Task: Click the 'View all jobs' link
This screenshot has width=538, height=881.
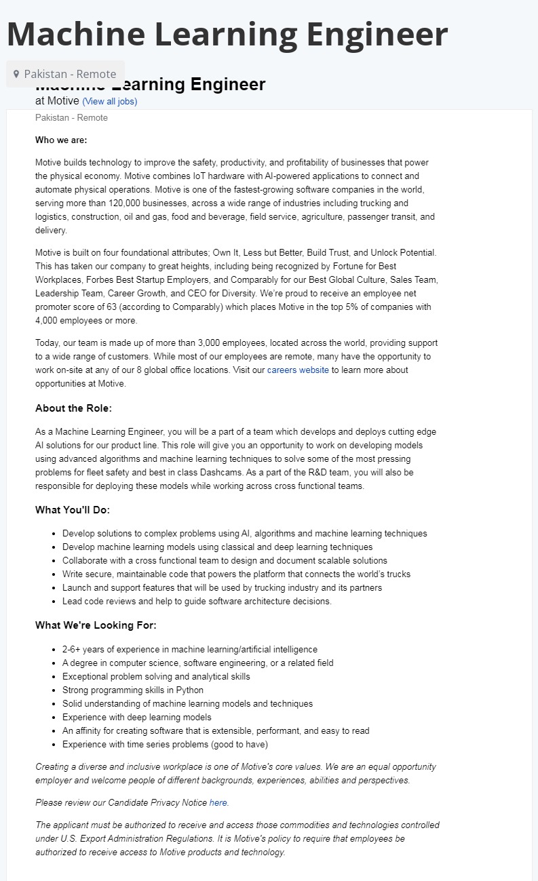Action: (109, 102)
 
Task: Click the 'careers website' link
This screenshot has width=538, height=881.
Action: (298, 370)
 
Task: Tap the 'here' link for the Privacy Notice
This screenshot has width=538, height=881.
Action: (218, 803)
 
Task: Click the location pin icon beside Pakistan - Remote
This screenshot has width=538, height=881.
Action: (16, 74)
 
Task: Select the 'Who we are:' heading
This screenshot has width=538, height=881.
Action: (61, 140)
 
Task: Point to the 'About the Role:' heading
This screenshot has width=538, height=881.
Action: (73, 408)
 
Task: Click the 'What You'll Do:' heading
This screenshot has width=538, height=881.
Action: (73, 510)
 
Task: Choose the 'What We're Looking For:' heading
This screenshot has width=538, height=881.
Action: (96, 625)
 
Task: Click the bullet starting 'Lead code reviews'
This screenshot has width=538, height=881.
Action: (197, 602)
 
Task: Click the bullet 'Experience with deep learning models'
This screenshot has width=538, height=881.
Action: (136, 718)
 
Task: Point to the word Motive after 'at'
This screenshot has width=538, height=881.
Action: (63, 101)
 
